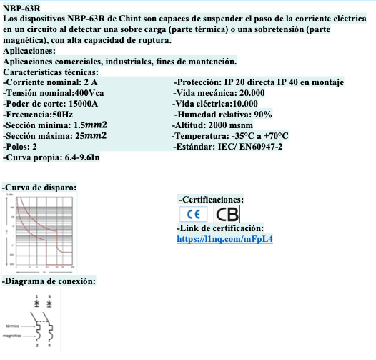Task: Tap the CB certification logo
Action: (227, 214)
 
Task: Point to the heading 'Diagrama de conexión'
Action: (49, 281)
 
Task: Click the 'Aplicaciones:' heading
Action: (29, 52)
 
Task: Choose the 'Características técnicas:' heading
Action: (51, 72)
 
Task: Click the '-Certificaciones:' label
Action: (212, 199)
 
